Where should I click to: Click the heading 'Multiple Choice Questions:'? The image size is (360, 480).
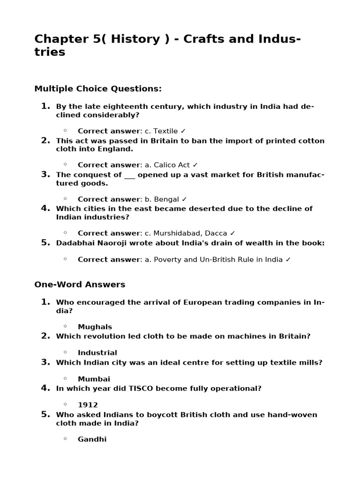[98, 89]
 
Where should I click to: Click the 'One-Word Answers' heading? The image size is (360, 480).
[80, 285]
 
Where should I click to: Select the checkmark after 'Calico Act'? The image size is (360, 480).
[195, 165]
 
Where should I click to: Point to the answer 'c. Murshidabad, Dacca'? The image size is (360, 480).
[186, 233]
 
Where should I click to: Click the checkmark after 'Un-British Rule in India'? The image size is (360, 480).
[288, 259]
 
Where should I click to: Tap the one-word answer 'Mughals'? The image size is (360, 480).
[95, 327]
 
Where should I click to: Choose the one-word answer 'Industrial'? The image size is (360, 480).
[97, 352]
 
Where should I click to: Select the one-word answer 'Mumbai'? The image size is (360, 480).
[94, 379]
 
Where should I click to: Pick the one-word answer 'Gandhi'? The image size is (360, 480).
[92, 439]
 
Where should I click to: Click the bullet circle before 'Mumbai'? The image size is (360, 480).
[65, 378]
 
